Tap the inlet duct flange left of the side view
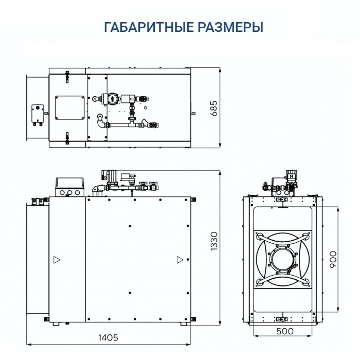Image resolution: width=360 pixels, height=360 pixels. [x=37, y=260]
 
